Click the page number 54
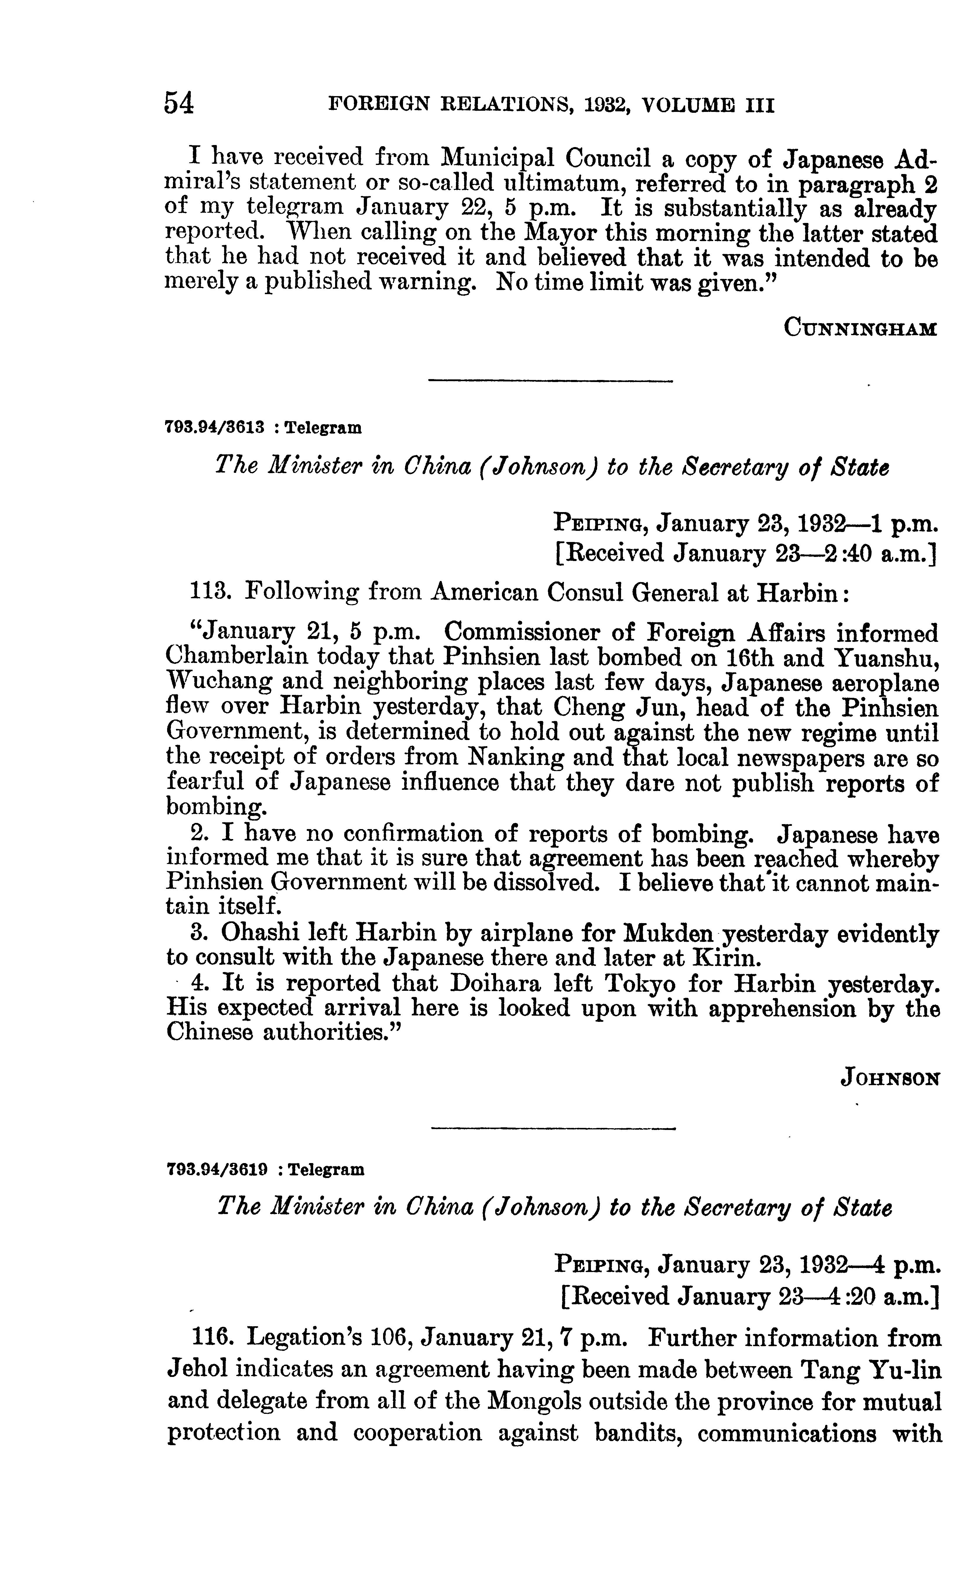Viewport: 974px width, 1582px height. (x=179, y=103)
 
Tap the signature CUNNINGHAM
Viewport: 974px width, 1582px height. (x=860, y=328)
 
